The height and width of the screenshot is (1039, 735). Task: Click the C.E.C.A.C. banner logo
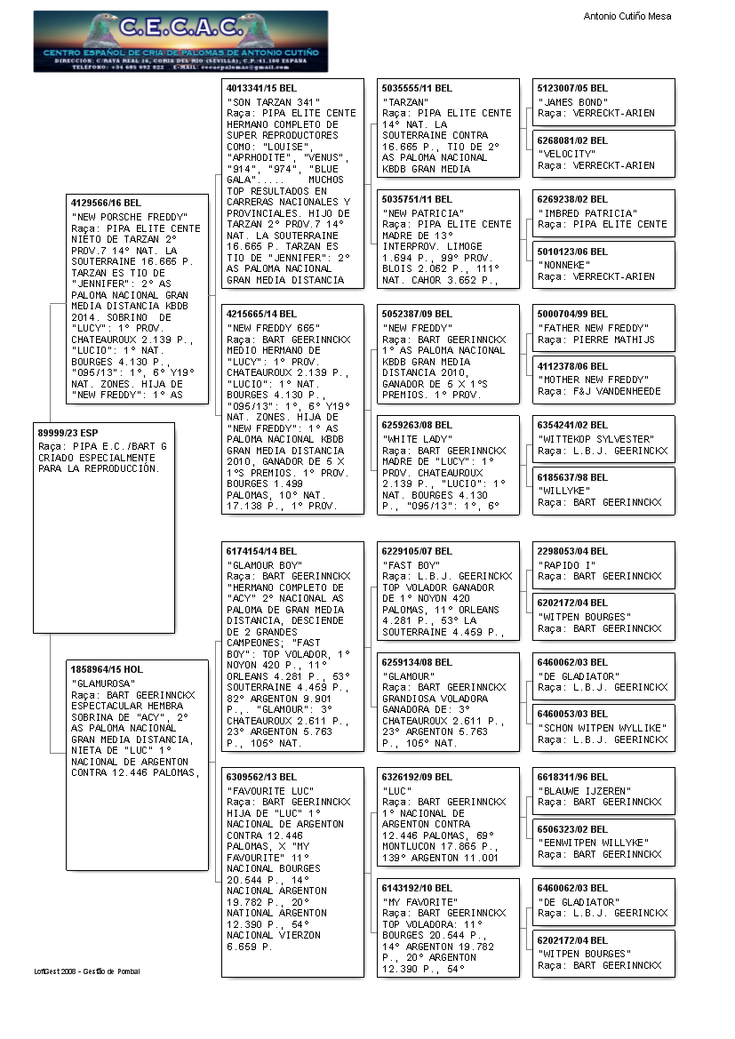pyautogui.click(x=180, y=41)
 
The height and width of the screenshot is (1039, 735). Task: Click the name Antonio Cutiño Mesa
pyautogui.click(x=627, y=16)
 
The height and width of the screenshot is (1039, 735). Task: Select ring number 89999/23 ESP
pyautogui.click(x=68, y=432)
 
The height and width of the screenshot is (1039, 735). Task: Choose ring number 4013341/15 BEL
pyautogui.click(x=262, y=88)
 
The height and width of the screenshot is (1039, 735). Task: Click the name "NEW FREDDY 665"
pyautogui.click(x=268, y=328)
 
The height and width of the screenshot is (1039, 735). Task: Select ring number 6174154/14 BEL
pyautogui.click(x=262, y=551)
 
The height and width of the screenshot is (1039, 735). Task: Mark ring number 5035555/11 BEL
pyautogui.click(x=418, y=88)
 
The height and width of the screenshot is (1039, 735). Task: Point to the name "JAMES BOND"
pyautogui.click(x=573, y=102)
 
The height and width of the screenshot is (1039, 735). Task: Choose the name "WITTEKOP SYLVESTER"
pyautogui.click(x=595, y=439)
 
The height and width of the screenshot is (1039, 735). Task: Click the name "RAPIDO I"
pyautogui.click(x=567, y=564)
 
